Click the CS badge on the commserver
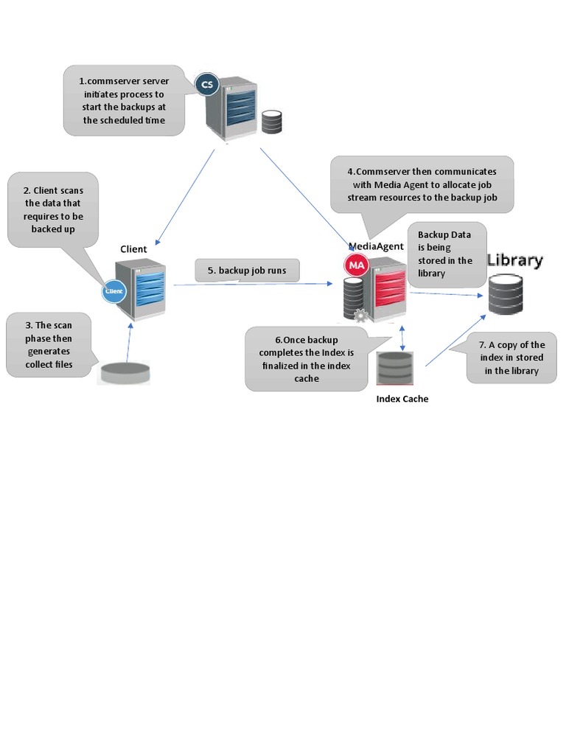207,86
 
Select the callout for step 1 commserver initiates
124,100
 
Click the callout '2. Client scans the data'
52,210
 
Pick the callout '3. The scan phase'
49,344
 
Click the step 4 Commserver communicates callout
422,184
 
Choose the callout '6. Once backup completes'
306,359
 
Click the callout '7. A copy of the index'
516,358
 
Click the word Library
515,260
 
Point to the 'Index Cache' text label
402,399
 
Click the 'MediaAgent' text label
376,246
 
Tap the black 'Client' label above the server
133,249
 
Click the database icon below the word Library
506,294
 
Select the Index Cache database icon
395,368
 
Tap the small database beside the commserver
272,122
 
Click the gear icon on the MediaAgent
360,316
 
